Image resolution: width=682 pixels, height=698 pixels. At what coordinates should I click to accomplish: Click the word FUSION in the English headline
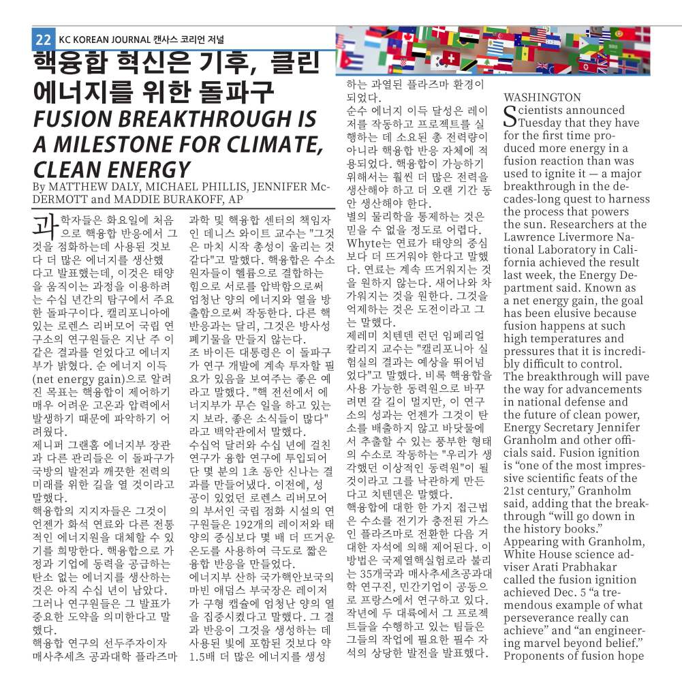pos(82,120)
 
